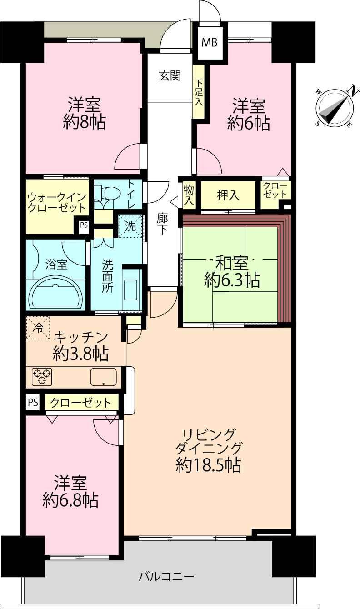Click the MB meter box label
pos(210,42)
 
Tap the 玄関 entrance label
pos(170,75)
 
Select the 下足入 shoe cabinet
pos(199,92)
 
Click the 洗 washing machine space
pos(130,226)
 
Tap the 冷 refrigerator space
pos(38,328)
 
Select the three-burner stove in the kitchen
pos(42,377)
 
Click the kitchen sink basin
pos(103,377)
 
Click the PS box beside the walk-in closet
pos(84,225)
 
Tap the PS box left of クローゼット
pos(33,402)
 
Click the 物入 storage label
pos(189,195)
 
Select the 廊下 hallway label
pos(162,224)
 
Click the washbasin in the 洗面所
pos(132,289)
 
